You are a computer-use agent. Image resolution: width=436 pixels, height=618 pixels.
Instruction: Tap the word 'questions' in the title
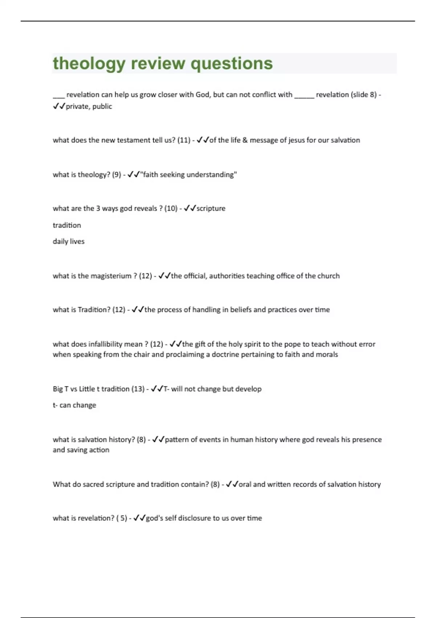click(231, 64)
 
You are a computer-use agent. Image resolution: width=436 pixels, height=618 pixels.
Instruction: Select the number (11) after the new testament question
click(184, 140)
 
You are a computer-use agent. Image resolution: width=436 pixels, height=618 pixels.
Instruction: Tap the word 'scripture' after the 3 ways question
click(211, 209)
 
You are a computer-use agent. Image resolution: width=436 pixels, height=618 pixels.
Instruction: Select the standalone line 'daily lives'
click(69, 241)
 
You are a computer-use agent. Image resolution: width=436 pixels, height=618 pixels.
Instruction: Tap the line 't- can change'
click(74, 405)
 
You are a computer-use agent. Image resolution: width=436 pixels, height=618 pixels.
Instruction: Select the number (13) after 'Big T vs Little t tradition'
click(138, 389)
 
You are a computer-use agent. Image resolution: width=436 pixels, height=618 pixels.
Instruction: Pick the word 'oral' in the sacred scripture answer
click(245, 484)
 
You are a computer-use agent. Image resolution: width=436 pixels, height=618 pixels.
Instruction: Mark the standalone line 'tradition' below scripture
click(67, 225)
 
